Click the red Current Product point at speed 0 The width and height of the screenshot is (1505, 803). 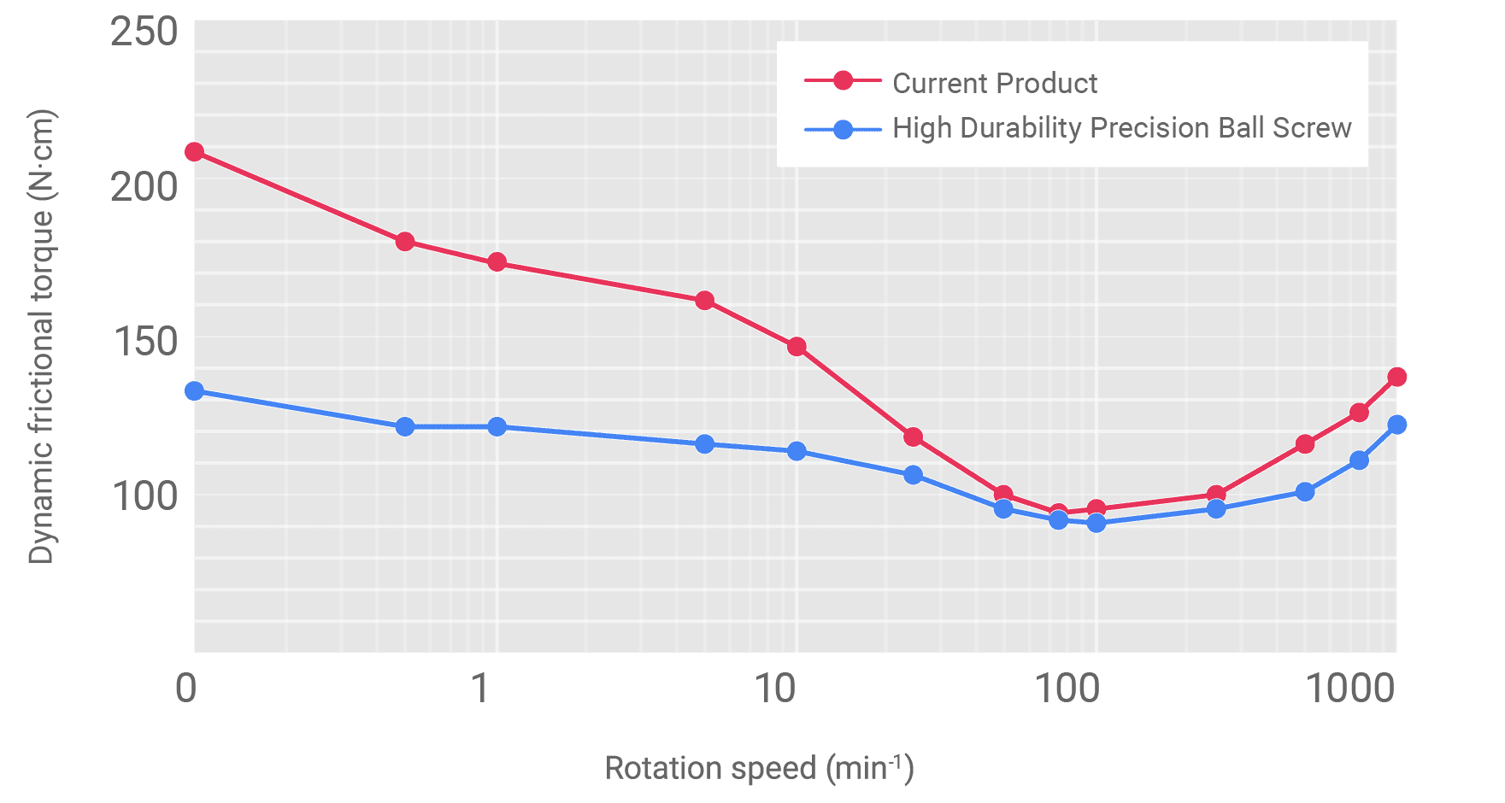coord(194,152)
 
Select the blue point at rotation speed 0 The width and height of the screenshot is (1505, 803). coord(194,390)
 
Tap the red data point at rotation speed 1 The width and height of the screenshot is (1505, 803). coord(497,262)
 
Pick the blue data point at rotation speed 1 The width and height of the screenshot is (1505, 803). coord(497,426)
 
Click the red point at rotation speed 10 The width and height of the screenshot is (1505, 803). coord(797,347)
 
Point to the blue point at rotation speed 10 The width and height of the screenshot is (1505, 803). coord(797,451)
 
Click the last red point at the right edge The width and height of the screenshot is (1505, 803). coord(1397,377)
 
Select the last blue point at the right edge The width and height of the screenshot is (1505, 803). coord(1397,425)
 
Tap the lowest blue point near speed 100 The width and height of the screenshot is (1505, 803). coord(1096,522)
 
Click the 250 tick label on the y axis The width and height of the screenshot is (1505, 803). coord(144,33)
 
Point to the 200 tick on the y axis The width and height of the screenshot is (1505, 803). coord(144,186)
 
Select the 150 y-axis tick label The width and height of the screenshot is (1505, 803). coord(144,342)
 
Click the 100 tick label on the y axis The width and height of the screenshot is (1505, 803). coord(144,495)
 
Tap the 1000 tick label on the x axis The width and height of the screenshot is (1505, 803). coord(1351,689)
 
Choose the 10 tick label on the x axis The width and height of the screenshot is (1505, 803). coord(775,689)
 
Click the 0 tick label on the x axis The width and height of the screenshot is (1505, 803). coord(185,689)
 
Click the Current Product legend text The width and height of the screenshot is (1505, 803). coord(995,83)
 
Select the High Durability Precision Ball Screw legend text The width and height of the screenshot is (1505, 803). coord(1121,128)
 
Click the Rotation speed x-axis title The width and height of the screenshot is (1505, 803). coord(759,767)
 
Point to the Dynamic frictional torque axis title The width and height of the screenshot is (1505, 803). coord(41,337)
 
